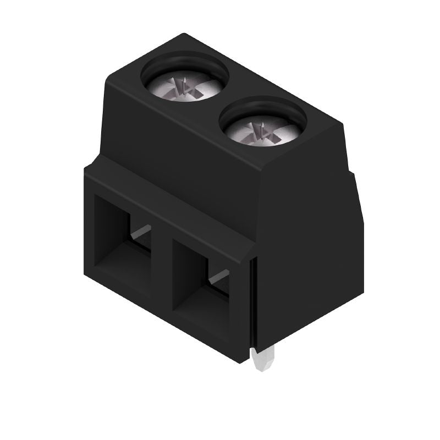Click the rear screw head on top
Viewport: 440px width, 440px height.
186,85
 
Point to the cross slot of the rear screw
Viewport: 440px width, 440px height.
184,87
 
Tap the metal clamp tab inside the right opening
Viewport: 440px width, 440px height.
219,277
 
